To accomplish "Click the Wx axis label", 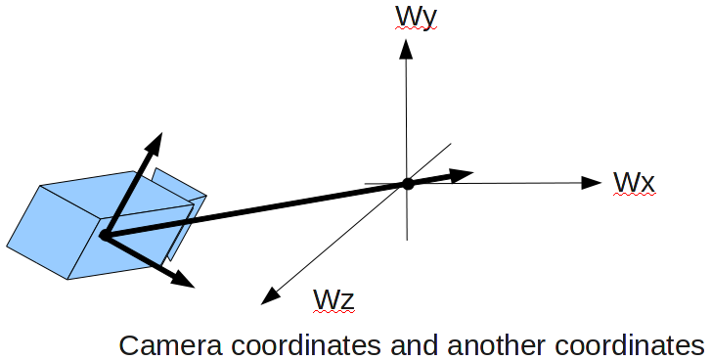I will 633,183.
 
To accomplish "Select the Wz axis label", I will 333,299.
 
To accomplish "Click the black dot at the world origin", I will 408,184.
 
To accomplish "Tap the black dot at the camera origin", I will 104,234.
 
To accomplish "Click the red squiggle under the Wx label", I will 633,196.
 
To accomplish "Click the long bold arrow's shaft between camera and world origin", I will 254,209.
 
